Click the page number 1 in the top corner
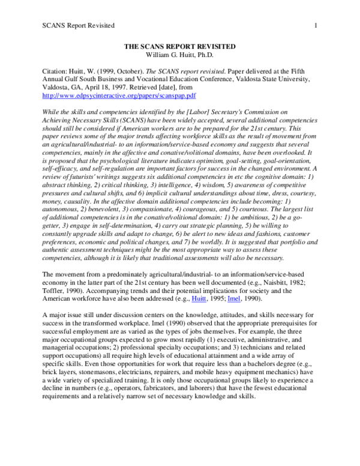tap(314, 25)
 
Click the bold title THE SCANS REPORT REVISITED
tap(179, 46)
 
